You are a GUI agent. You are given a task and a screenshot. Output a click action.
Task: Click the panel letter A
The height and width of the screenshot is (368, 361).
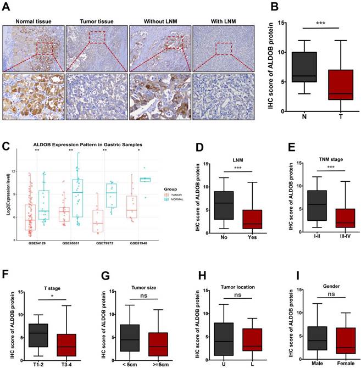pos(5,5)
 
